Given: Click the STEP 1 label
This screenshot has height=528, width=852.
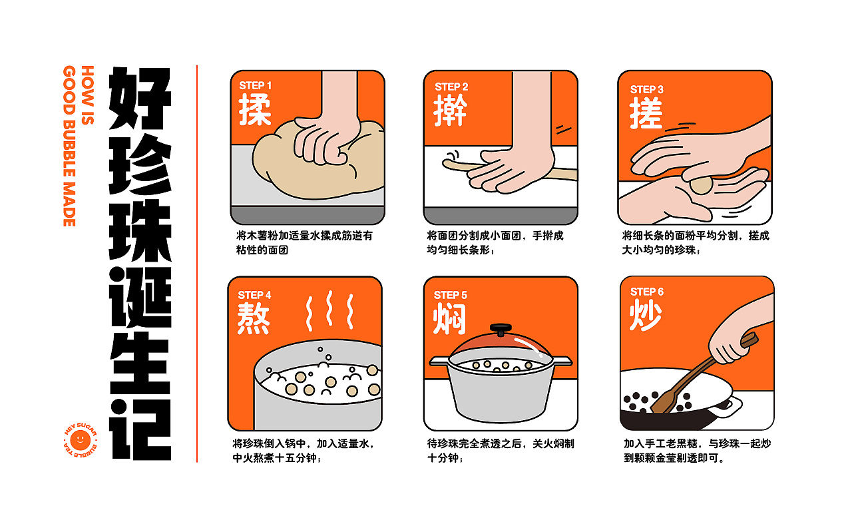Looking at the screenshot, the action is pyautogui.click(x=255, y=86).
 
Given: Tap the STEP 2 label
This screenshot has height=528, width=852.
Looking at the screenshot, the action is pyautogui.click(x=451, y=87).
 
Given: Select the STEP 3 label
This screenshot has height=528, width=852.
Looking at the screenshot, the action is pyautogui.click(x=646, y=89).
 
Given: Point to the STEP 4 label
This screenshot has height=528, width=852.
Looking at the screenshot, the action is pyautogui.click(x=254, y=295).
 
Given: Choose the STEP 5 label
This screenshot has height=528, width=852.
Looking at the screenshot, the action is pyautogui.click(x=451, y=295).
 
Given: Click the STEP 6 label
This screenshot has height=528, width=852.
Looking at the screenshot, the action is pyautogui.click(x=646, y=292).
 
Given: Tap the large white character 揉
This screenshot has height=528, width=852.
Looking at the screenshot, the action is pyautogui.click(x=255, y=110).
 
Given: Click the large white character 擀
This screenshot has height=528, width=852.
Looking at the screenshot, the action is pyautogui.click(x=451, y=111).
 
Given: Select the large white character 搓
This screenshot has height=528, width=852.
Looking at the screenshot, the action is pyautogui.click(x=646, y=113).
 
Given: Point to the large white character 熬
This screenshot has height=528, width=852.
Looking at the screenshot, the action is pyautogui.click(x=254, y=318).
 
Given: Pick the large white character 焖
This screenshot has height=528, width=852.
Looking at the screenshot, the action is pyautogui.click(x=449, y=319).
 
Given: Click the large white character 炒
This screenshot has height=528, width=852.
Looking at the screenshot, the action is pyautogui.click(x=646, y=315).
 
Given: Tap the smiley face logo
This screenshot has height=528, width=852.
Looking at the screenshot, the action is pyautogui.click(x=81, y=440).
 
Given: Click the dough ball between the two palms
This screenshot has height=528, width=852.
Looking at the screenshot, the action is pyautogui.click(x=701, y=185).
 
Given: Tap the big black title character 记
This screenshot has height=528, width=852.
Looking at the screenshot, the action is pyautogui.click(x=140, y=429).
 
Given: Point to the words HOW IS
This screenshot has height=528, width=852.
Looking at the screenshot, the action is pyautogui.click(x=87, y=95).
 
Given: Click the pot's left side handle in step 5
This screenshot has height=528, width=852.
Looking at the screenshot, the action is pyautogui.click(x=439, y=361).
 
